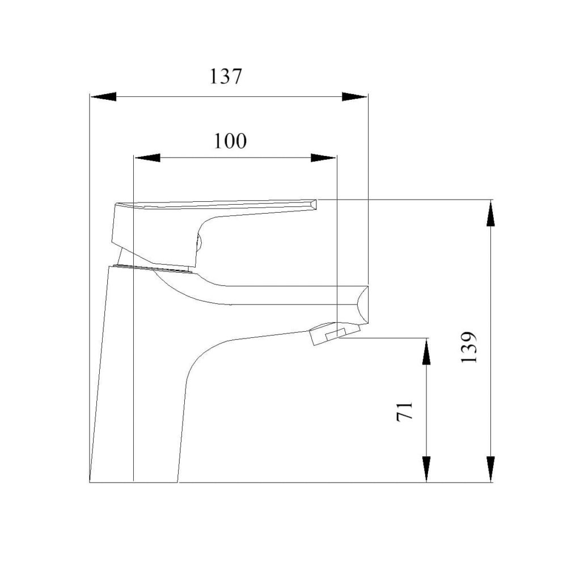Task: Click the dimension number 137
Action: tap(226, 77)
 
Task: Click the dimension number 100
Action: tap(230, 141)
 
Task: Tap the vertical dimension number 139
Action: tap(469, 347)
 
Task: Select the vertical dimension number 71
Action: tap(405, 411)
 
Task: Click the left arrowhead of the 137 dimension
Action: tap(103, 96)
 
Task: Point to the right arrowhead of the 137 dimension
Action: tap(354, 96)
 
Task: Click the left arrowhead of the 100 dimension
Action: tap(147, 158)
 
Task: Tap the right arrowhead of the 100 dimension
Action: tap(324, 158)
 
